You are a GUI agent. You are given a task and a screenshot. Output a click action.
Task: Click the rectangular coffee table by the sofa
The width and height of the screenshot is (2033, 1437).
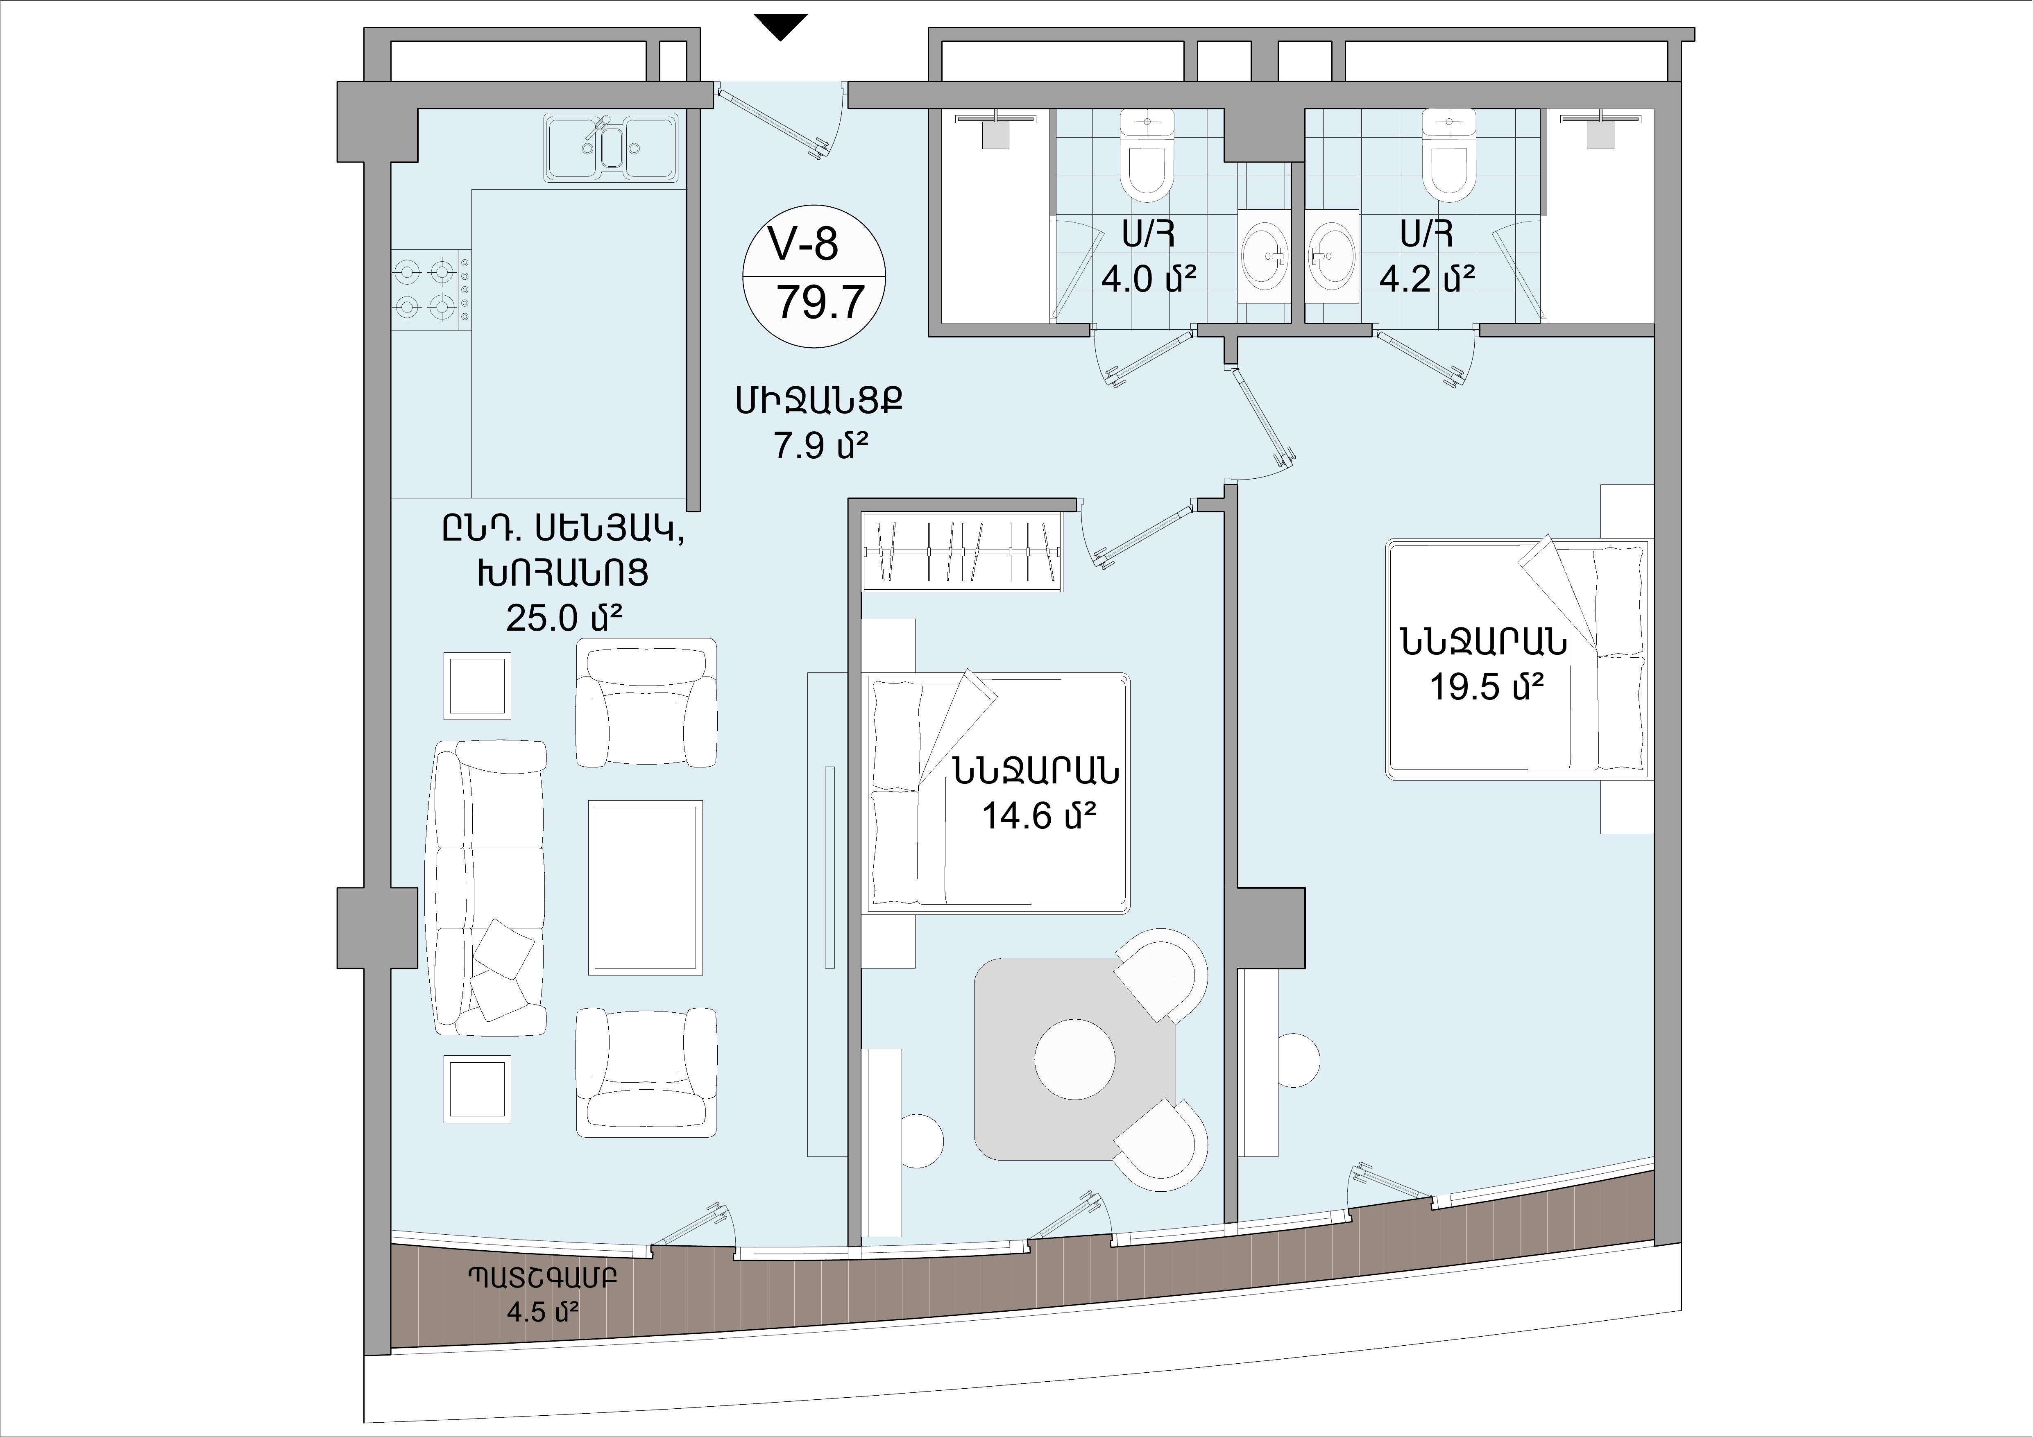click(x=646, y=887)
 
